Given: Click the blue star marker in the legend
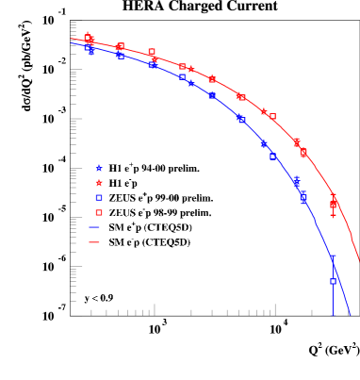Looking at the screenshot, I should click(x=99, y=168).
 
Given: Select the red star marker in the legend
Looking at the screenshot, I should click(x=99, y=183).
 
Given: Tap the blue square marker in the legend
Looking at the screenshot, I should click(x=99, y=198).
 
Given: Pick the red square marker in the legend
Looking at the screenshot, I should click(x=99, y=213).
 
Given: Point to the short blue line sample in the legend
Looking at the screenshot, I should click(x=94, y=227).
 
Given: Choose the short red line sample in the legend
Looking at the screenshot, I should click(x=94, y=242).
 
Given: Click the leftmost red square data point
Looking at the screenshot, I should click(x=88, y=37).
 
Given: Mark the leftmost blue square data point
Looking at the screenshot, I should click(x=89, y=47).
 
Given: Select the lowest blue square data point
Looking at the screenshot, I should click(x=333, y=281).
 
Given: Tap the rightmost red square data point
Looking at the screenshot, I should click(x=334, y=204).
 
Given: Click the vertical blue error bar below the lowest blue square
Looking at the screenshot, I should click(x=333, y=300).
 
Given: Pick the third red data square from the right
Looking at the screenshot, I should click(x=272, y=117).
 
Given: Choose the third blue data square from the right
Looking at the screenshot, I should click(x=273, y=156).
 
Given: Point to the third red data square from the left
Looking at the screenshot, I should click(x=152, y=52).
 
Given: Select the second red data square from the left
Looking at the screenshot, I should click(x=120, y=45).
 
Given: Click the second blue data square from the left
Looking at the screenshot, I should click(x=121, y=56).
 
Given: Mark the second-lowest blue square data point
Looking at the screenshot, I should click(x=303, y=199).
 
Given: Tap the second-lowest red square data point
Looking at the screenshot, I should click(x=303, y=152).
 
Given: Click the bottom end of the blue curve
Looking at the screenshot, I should click(x=350, y=315).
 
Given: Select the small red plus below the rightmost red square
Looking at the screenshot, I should click(x=333, y=215).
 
